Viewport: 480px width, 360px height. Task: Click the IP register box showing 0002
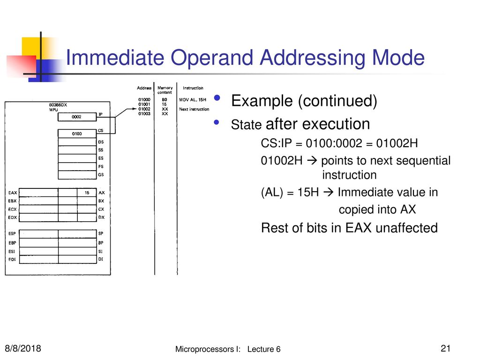click(77, 117)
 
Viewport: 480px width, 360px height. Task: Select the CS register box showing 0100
click(77, 134)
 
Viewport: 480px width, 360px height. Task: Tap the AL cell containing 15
click(87, 193)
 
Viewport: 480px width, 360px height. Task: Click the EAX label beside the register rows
click(13, 193)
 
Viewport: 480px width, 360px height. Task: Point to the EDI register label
click(12, 259)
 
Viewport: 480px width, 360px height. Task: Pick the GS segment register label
click(101, 175)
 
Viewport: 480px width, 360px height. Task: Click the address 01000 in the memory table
click(144, 99)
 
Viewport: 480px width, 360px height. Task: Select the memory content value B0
click(165, 99)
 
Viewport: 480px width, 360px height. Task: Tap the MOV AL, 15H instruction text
click(193, 99)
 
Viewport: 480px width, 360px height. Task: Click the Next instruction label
click(194, 109)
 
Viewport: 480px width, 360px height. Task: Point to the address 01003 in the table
click(144, 113)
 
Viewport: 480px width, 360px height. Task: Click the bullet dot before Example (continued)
click(217, 97)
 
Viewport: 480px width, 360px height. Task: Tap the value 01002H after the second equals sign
click(397, 143)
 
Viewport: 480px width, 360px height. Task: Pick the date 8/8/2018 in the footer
click(23, 348)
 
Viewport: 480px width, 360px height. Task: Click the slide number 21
click(445, 348)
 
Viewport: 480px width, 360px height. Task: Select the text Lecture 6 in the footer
click(264, 349)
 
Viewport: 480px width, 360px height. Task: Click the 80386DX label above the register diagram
click(58, 105)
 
